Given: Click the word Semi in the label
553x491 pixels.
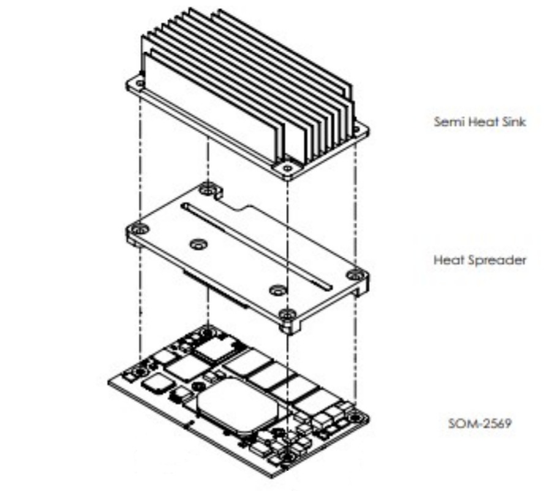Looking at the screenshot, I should point(446,121).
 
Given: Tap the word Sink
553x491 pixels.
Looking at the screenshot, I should point(513,121).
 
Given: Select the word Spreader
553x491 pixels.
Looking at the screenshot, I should point(497,260).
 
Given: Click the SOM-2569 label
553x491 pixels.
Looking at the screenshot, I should point(480,423).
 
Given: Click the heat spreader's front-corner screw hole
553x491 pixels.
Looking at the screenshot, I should point(285,315).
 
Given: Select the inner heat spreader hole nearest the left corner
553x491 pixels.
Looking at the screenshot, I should point(197,245).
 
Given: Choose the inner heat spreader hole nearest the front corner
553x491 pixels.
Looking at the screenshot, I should point(277,288).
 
